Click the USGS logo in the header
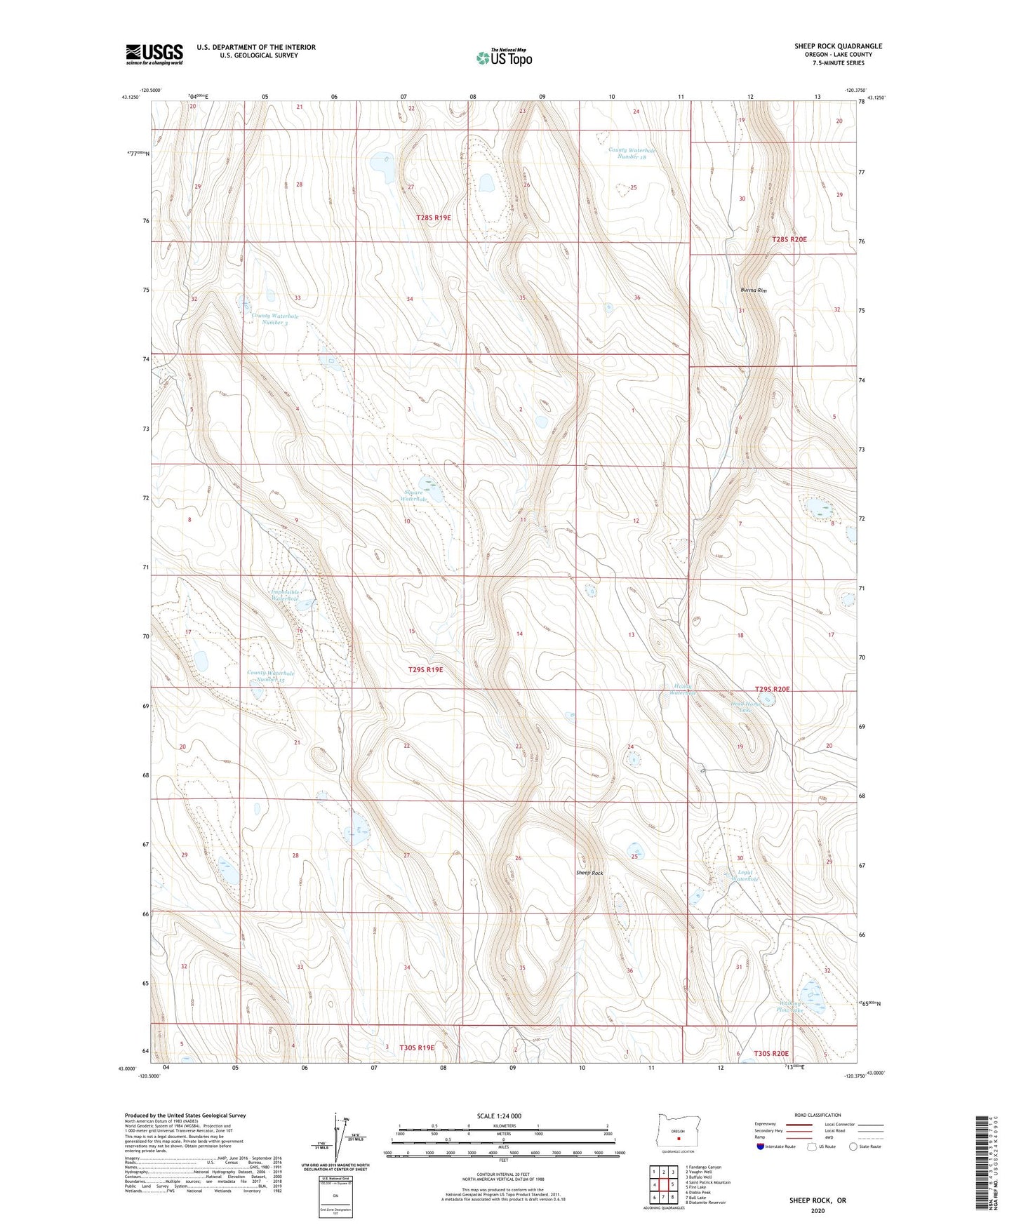pyautogui.click(x=154, y=54)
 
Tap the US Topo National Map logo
pyautogui.click(x=504, y=57)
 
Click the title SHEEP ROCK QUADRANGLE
pyautogui.click(x=838, y=46)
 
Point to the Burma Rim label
pyautogui.click(x=753, y=290)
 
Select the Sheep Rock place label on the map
pyautogui.click(x=589, y=873)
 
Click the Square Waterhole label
pyautogui.click(x=414, y=495)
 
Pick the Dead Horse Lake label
pyautogui.click(x=745, y=707)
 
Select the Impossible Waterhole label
pyautogui.click(x=285, y=596)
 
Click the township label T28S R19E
pyautogui.click(x=433, y=218)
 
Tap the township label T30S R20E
pyautogui.click(x=771, y=1053)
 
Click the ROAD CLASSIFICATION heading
pyautogui.click(x=818, y=1115)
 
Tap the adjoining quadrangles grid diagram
pyautogui.click(x=663, y=1185)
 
